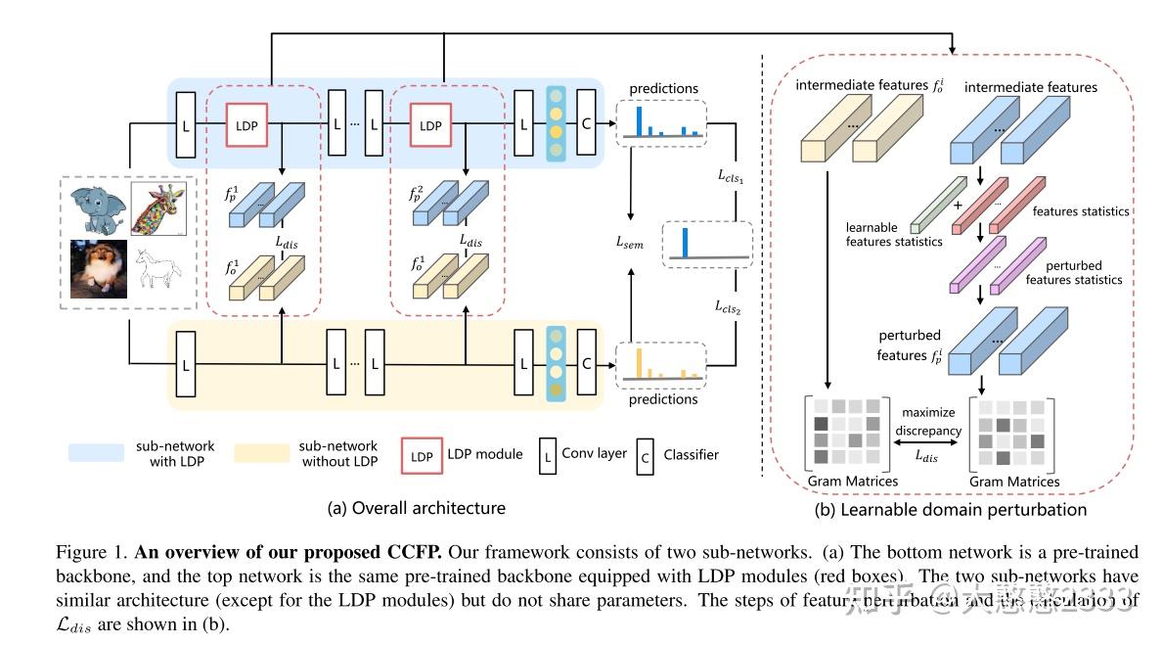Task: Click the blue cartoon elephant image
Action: coord(98,207)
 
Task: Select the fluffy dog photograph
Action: coord(98,265)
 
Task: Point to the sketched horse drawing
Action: coord(157,267)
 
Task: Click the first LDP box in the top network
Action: coord(248,126)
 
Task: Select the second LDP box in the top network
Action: coord(429,126)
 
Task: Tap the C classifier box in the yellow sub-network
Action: coord(586,363)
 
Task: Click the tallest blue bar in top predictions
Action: coord(640,119)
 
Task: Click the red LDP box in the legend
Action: coord(421,455)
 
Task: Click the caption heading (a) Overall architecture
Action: coord(416,508)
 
